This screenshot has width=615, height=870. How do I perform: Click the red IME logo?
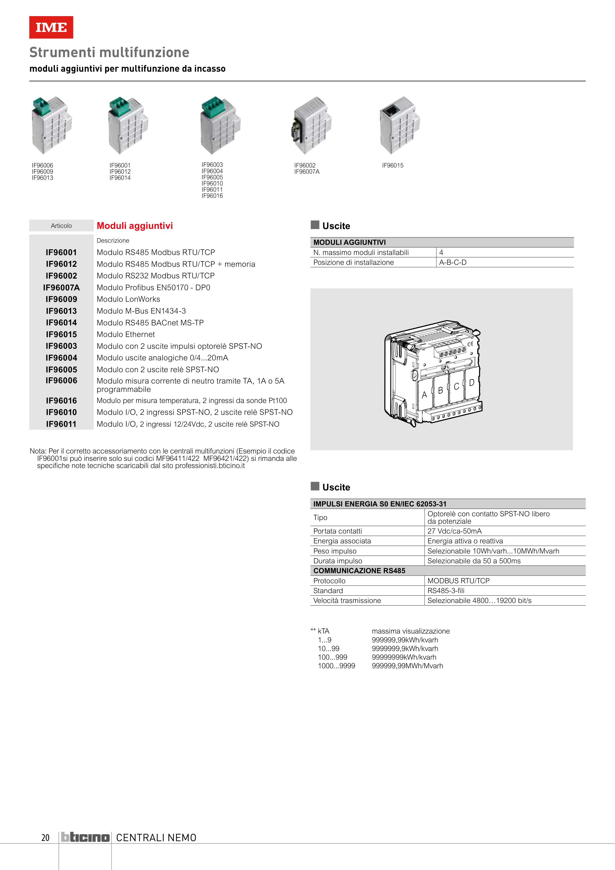point(51,27)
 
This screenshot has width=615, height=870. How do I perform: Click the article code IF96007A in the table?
point(61,288)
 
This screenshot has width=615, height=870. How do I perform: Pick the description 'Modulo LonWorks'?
point(129,299)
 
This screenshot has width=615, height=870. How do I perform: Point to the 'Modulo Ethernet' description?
point(126,335)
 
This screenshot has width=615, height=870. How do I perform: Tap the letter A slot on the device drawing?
point(424,395)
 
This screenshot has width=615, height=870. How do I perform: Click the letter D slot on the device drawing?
point(472,383)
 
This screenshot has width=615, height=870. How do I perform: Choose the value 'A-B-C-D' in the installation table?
point(453,263)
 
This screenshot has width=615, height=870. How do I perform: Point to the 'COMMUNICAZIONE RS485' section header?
point(359,571)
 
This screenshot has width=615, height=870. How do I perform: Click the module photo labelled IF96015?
point(400,125)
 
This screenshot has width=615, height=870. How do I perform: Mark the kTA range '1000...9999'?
point(336,666)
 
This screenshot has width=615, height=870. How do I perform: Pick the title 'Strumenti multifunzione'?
point(109,52)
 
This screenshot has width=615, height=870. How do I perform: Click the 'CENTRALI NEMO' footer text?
point(156,837)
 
